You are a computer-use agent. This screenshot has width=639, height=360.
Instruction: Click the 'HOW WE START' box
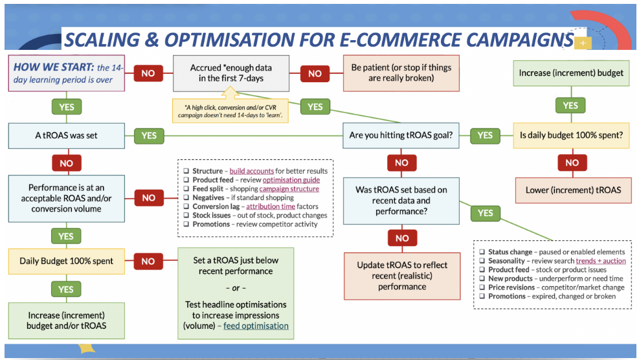click(66, 73)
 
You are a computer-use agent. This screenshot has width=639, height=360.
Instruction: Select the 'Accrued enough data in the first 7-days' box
click(231, 73)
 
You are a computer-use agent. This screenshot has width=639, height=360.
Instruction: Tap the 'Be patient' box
click(401, 73)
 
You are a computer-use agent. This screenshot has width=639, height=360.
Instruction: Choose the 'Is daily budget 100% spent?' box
click(571, 135)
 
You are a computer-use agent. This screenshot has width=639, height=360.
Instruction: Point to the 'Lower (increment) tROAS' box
click(571, 190)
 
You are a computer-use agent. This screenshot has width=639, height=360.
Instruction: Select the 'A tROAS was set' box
click(66, 135)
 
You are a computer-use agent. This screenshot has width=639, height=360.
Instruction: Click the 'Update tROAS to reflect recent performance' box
click(401, 276)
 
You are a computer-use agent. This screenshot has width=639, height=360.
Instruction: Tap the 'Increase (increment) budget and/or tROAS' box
click(66, 320)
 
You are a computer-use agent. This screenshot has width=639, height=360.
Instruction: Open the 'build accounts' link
click(251, 171)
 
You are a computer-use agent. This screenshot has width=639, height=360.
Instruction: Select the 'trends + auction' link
click(600, 261)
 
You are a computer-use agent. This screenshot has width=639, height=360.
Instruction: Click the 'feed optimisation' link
click(256, 326)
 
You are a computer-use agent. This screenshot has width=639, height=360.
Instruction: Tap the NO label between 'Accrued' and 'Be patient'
click(315, 73)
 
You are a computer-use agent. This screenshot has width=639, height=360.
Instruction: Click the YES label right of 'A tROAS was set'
click(148, 135)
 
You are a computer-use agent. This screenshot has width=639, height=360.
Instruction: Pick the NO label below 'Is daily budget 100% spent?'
click(571, 163)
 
